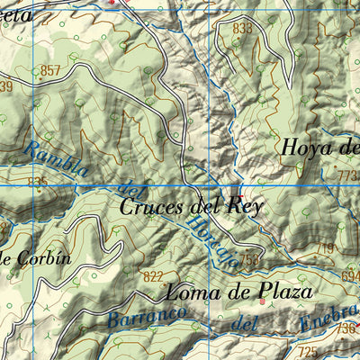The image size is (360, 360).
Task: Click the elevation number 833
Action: tap(242, 29)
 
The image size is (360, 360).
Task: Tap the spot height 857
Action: tap(50, 70)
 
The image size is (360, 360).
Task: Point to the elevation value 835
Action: tap(37, 183)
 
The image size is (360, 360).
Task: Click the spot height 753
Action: tap(251, 260)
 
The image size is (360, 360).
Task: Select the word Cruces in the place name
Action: tap(152, 207)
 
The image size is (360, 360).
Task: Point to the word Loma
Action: tap(191, 292)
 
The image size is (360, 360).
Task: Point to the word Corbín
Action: tap(43, 257)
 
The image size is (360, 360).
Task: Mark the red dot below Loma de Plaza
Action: tap(262, 302)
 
